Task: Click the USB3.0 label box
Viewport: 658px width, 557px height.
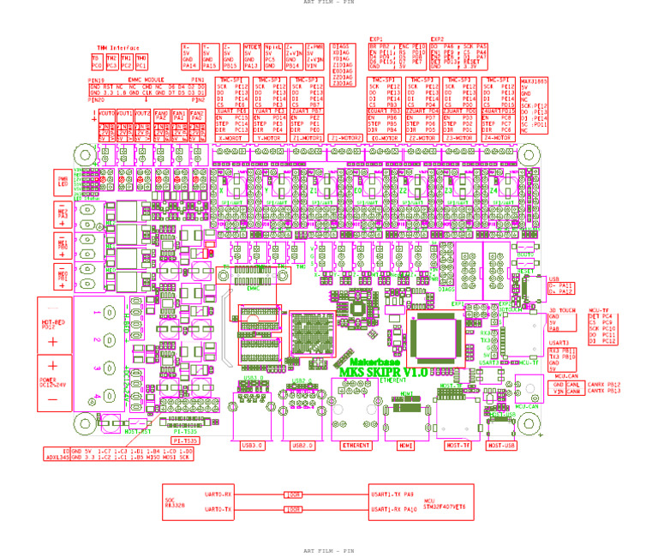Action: [x=253, y=446]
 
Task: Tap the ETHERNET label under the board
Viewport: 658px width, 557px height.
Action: [x=356, y=446]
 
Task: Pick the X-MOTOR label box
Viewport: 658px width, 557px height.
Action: [x=231, y=137]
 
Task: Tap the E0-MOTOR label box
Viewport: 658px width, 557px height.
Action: [x=385, y=137]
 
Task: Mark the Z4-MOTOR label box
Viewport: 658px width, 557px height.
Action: [x=499, y=137]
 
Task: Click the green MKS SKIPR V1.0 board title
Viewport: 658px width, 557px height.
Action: [x=384, y=371]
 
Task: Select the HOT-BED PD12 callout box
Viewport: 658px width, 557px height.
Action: [x=54, y=323]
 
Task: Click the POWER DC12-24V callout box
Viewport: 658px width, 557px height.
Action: [x=54, y=382]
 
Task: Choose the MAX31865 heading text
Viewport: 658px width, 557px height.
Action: [x=534, y=81]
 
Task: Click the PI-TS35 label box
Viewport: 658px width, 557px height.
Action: [x=185, y=440]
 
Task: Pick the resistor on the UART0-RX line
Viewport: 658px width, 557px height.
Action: [x=293, y=494]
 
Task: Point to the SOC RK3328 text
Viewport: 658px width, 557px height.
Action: [x=175, y=503]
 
